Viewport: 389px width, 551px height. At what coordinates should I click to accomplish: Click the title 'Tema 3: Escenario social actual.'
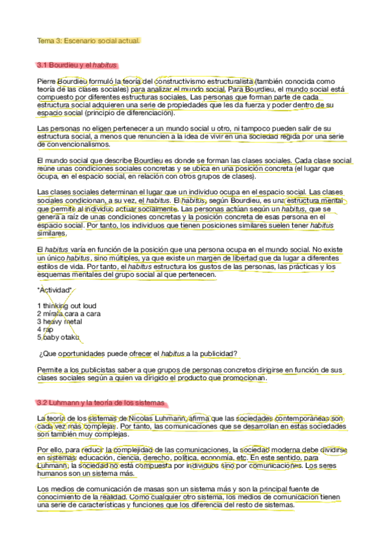[x=88, y=41]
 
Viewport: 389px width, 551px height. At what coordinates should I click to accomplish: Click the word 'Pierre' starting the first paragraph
[x=47, y=81]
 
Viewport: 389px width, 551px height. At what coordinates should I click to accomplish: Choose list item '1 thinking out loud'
[x=67, y=305]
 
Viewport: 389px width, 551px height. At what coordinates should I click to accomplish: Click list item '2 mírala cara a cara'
[x=69, y=313]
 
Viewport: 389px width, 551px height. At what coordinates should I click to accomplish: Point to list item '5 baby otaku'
[x=58, y=337]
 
